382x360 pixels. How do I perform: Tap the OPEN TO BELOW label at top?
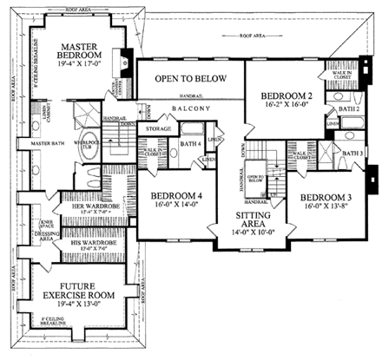[190, 79]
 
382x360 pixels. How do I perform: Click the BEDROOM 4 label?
[175, 197]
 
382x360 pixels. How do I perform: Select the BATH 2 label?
[349, 108]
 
